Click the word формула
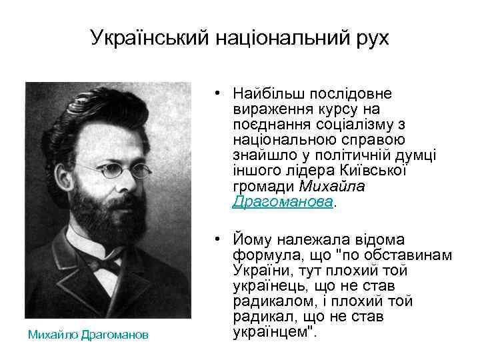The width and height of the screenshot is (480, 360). click(x=263, y=255)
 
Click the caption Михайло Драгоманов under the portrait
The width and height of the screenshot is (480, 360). click(x=89, y=335)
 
